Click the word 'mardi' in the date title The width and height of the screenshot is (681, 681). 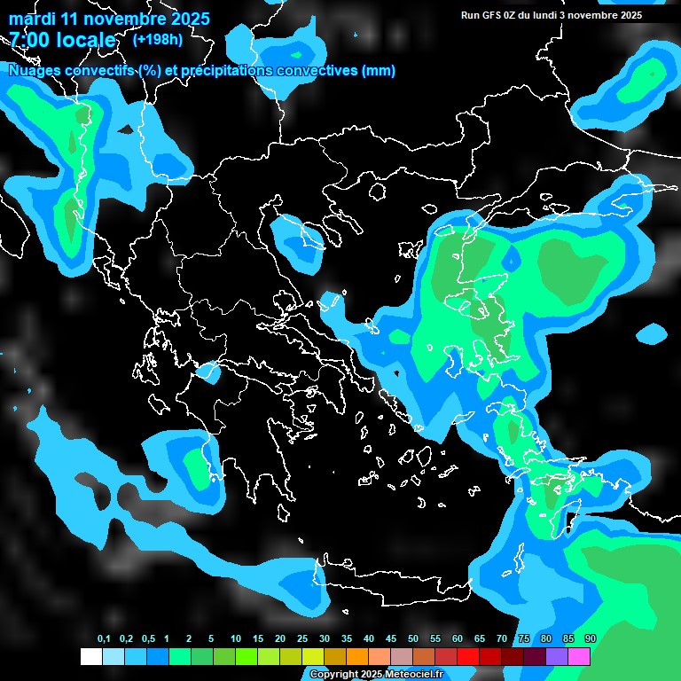(32, 20)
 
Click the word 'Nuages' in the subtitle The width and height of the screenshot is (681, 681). (35, 71)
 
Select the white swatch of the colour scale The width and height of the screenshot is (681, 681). (90, 656)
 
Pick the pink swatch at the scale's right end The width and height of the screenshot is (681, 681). (579, 656)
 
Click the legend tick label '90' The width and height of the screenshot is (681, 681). (591, 639)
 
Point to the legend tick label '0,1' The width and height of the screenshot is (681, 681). (104, 639)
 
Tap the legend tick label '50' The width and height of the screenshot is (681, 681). (413, 639)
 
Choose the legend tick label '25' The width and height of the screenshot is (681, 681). (302, 639)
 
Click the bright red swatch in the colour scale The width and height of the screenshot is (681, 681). (468, 656)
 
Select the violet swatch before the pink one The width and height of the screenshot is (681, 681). (557, 656)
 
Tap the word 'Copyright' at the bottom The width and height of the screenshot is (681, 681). (335, 675)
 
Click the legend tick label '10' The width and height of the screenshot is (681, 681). (236, 639)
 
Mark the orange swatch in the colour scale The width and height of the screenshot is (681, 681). (357, 656)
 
